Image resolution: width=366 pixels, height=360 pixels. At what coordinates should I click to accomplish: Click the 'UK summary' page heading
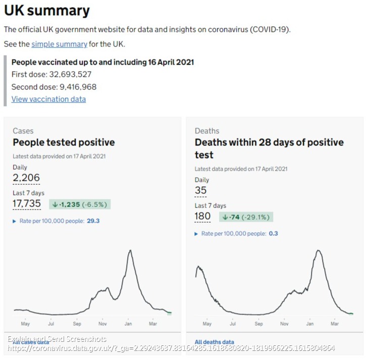(x=47, y=11)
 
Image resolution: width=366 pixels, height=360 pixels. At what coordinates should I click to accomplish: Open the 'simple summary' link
(x=59, y=44)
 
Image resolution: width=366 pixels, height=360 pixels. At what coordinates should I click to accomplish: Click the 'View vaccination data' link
(x=48, y=99)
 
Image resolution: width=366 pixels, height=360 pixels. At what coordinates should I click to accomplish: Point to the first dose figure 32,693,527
(x=67, y=74)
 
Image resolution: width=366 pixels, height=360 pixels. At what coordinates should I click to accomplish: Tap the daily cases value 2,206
(x=26, y=178)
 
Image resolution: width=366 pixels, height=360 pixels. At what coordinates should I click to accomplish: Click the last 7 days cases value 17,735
(x=27, y=203)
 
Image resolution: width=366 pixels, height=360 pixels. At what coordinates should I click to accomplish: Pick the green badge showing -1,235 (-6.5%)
(x=80, y=204)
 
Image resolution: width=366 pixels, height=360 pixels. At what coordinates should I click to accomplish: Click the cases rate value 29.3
(x=93, y=221)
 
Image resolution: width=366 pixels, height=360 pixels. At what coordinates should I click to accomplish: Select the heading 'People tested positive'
(x=64, y=142)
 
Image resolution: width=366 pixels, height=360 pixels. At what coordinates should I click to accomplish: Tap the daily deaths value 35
(x=201, y=190)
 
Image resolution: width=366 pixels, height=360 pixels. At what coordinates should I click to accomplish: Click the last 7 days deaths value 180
(x=203, y=217)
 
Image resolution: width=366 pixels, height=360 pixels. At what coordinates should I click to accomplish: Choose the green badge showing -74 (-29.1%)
(x=246, y=217)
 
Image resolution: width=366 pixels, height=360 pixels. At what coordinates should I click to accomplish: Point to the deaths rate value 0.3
(x=274, y=233)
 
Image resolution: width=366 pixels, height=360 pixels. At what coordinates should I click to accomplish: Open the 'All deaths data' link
(x=215, y=342)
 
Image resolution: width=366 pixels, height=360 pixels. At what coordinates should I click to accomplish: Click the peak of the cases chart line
(x=130, y=250)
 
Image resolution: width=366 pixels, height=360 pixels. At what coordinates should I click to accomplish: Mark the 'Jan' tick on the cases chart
(x=128, y=324)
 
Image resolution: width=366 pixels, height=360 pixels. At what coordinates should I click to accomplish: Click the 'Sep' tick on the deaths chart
(x=258, y=324)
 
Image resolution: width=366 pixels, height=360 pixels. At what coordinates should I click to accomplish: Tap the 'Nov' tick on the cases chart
(x=102, y=324)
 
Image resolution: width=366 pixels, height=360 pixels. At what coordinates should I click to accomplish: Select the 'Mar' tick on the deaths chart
(x=335, y=324)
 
